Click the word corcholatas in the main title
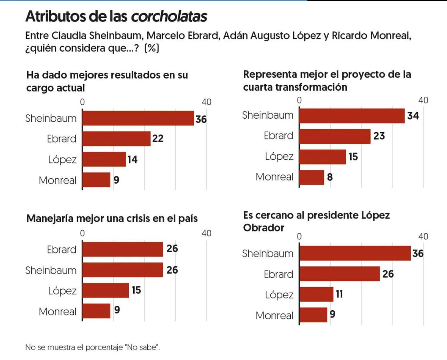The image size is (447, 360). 169,16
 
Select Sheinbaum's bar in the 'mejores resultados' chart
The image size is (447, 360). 138,118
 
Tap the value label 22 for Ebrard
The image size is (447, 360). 158,138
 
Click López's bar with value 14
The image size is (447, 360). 104,159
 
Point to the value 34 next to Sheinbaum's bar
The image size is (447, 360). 413,116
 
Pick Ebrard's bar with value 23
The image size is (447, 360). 335,136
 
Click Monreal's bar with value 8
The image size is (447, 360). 312,177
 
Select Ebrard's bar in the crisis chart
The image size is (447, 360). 123,249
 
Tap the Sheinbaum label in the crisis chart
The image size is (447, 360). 51,270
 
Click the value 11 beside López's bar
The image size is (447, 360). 339,294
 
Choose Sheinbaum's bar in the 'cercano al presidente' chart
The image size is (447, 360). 355,253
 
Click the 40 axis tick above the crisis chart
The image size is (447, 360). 206,233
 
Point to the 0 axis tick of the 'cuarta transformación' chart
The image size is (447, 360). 299,100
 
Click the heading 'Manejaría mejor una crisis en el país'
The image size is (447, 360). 112,218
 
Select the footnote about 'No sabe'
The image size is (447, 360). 93,347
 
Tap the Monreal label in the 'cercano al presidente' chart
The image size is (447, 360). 274,315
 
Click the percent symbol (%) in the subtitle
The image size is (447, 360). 152,48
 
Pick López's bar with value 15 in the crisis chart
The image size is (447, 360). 105,290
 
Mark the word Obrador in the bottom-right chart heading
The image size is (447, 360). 264,228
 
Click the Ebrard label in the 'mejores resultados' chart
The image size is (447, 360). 62,139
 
